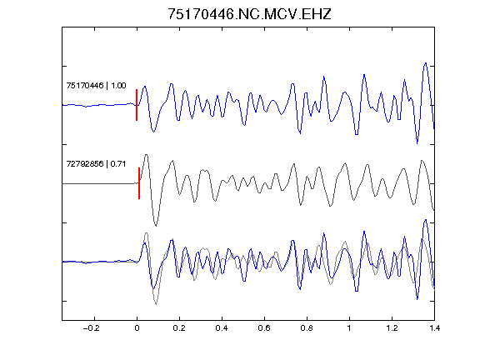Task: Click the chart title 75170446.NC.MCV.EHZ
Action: point(249,14)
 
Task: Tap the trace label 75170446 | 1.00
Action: point(96,85)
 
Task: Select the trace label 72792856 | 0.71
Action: point(96,164)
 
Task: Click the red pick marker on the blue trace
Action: point(137,105)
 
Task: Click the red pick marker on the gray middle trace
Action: point(139,183)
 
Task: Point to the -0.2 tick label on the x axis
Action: point(92,328)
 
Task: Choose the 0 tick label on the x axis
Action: point(137,328)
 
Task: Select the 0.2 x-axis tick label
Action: point(179,328)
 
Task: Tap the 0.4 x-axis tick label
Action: point(222,328)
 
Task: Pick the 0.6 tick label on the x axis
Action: point(264,328)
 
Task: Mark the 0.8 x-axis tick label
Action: point(307,328)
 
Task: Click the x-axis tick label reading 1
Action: point(349,328)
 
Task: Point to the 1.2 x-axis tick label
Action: point(392,328)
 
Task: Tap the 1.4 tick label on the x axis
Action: point(434,328)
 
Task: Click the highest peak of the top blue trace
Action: point(425,63)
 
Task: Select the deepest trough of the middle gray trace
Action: point(156,226)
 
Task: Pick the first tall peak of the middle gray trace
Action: point(147,155)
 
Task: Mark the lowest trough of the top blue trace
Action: point(417,143)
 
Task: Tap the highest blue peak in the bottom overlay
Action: point(425,220)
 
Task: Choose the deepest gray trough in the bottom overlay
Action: point(156,304)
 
